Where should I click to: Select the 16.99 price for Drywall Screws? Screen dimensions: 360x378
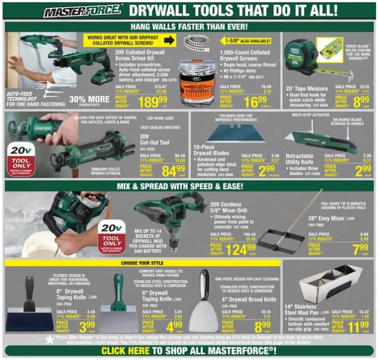coord(255,102)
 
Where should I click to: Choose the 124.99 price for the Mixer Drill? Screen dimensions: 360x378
coord(241,249)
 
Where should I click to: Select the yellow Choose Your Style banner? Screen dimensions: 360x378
coord(142,263)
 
